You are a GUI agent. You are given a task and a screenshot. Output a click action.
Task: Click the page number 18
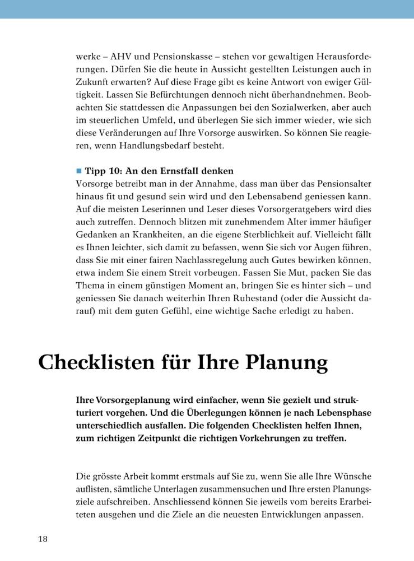pyautogui.click(x=43, y=539)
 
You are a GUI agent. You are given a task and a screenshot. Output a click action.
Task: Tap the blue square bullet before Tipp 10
pyautogui.click(x=78, y=171)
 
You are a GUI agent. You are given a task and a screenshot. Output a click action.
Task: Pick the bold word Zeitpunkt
pyautogui.click(x=147, y=438)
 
